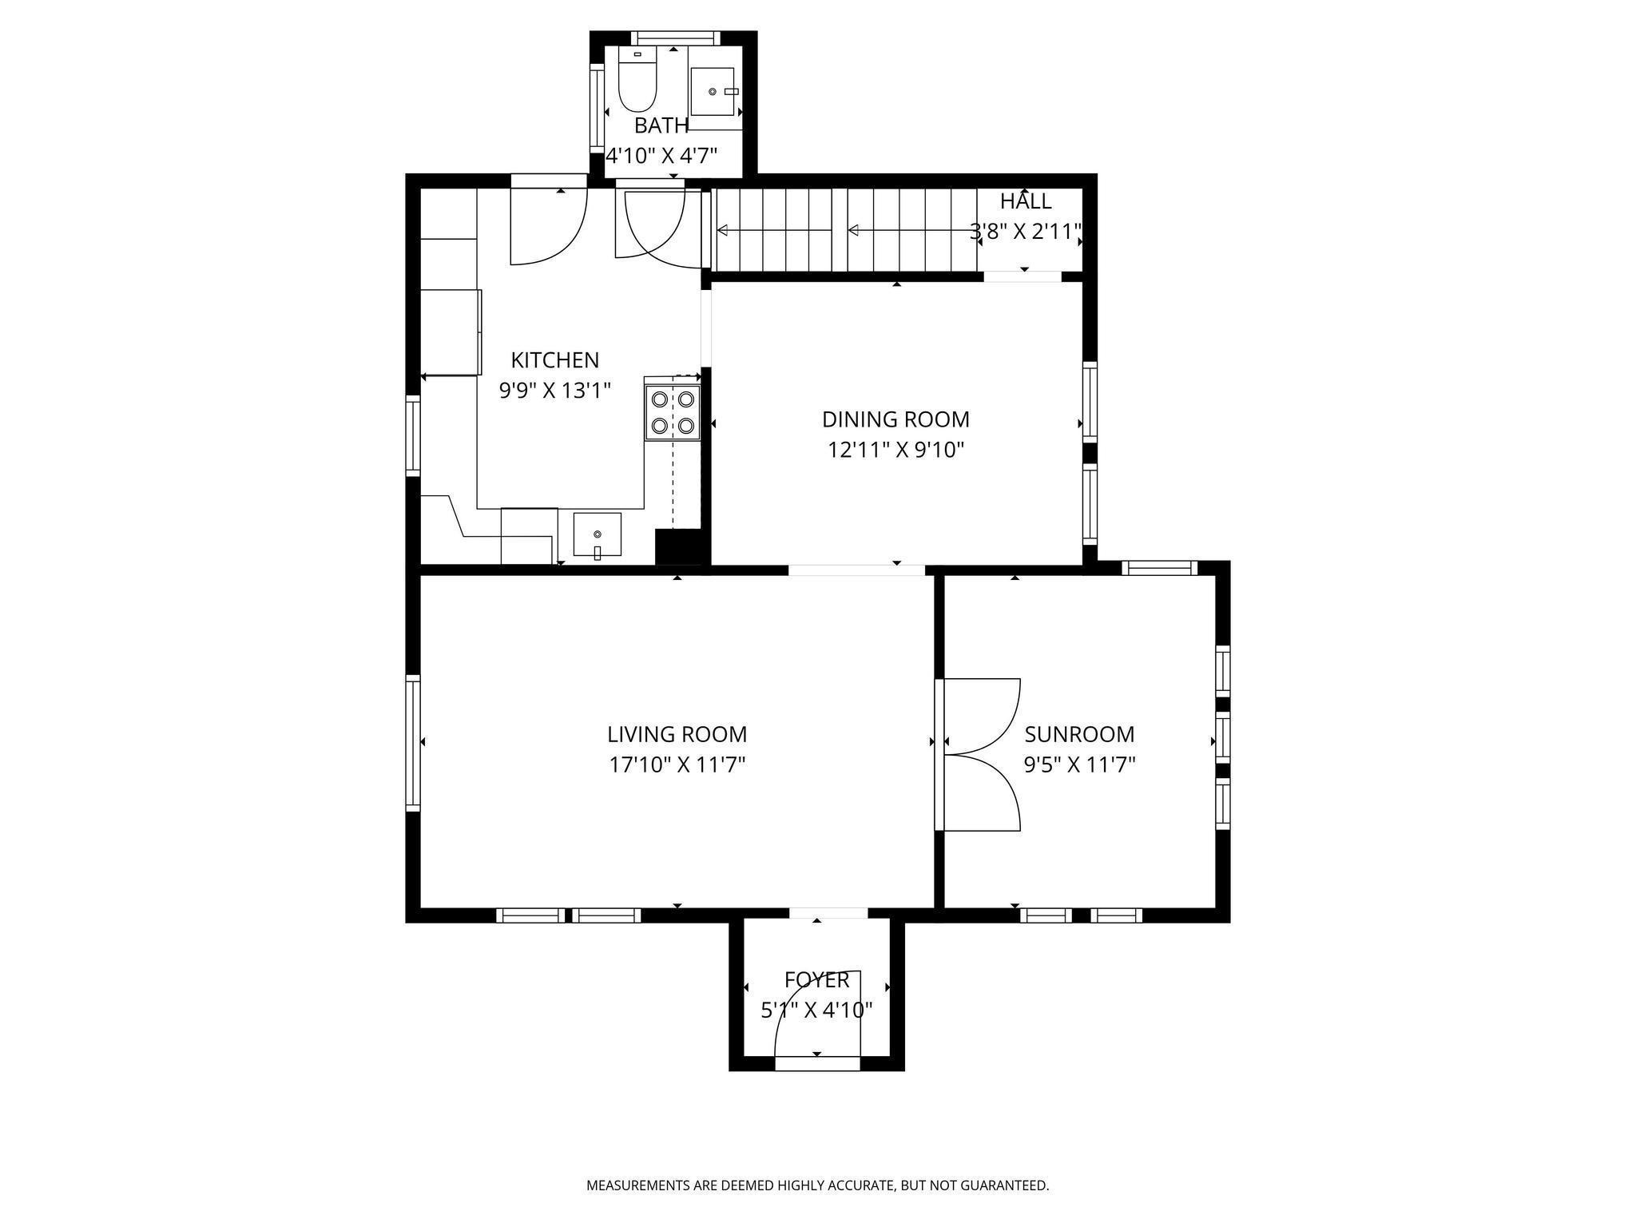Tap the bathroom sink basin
(x=712, y=92)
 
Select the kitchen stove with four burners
(x=673, y=412)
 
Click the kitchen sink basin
(x=597, y=534)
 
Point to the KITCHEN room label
(x=555, y=359)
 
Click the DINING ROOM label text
(x=895, y=419)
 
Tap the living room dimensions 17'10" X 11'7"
(x=677, y=765)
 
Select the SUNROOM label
(x=1079, y=734)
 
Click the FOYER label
(x=816, y=980)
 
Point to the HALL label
(x=1026, y=201)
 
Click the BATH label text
(x=661, y=125)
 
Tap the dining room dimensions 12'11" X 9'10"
(x=895, y=451)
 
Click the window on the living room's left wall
(x=413, y=743)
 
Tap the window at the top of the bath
(x=676, y=38)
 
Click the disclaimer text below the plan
(x=818, y=1185)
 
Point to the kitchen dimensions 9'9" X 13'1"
(x=555, y=391)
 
